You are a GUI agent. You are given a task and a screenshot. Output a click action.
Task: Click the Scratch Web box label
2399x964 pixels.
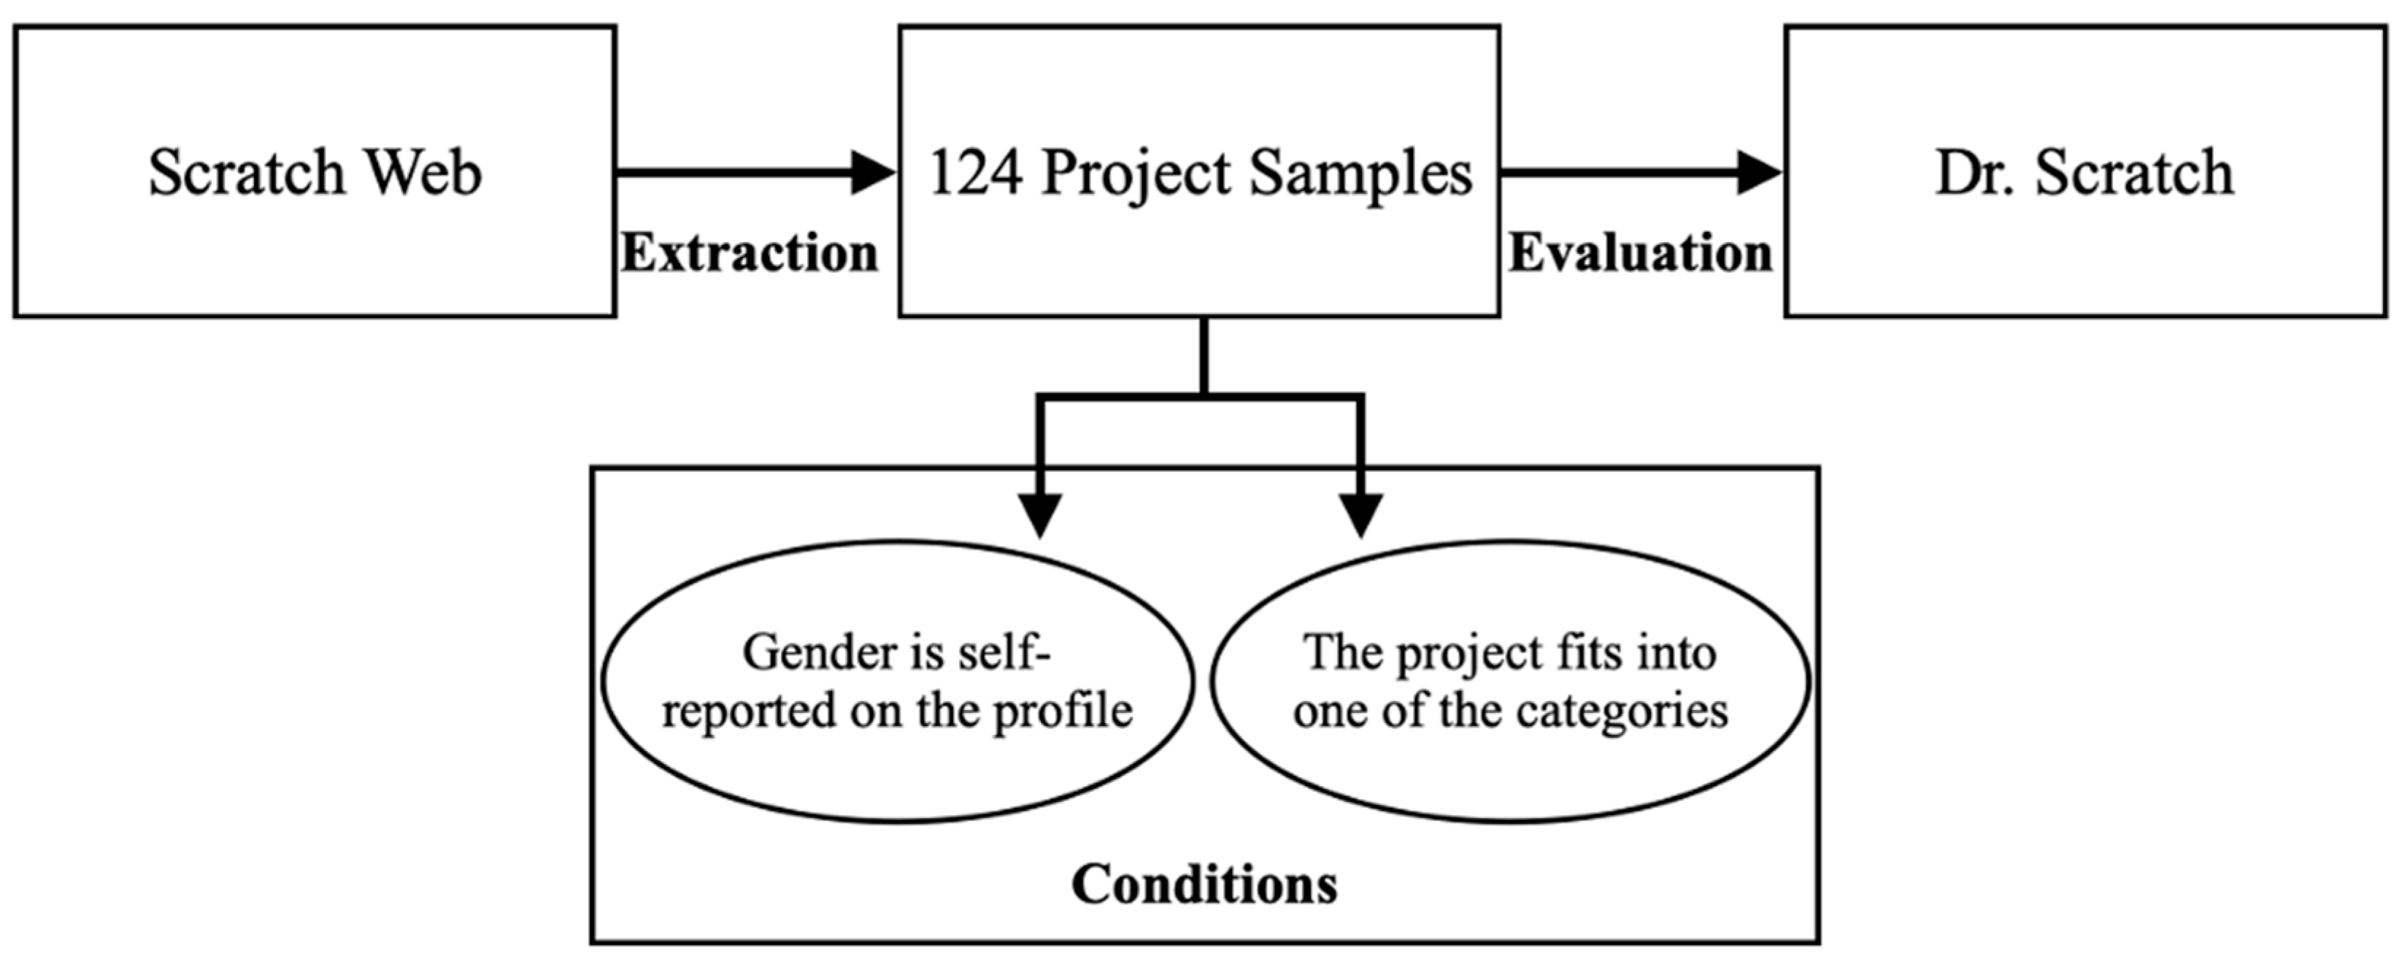click(x=315, y=173)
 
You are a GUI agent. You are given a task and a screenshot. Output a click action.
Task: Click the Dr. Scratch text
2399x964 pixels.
click(x=2084, y=173)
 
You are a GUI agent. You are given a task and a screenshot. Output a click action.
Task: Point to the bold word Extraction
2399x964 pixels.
click(x=750, y=253)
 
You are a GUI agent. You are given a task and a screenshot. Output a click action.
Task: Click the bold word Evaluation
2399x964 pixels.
click(x=1640, y=253)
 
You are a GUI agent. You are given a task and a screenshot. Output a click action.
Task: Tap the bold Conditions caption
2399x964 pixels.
click(x=1204, y=884)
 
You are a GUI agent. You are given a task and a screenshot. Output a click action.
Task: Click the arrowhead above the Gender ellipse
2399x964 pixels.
click(x=1040, y=514)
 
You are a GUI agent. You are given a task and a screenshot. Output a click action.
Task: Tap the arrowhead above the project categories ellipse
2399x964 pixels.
click(x=1360, y=514)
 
